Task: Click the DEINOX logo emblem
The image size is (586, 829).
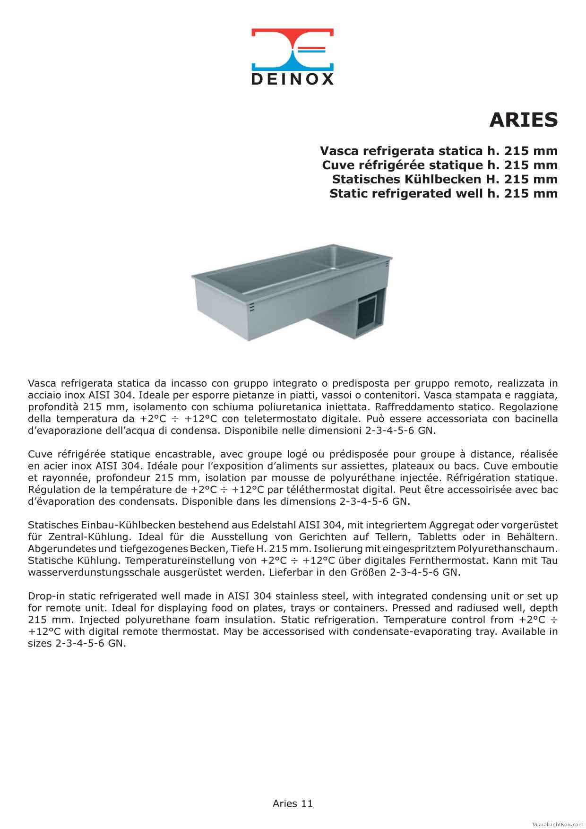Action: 292,49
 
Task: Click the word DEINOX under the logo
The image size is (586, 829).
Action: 292,79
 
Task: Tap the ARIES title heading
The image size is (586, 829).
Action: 523,120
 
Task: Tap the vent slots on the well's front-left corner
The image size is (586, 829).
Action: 252,306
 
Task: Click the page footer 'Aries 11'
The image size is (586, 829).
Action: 293,803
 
